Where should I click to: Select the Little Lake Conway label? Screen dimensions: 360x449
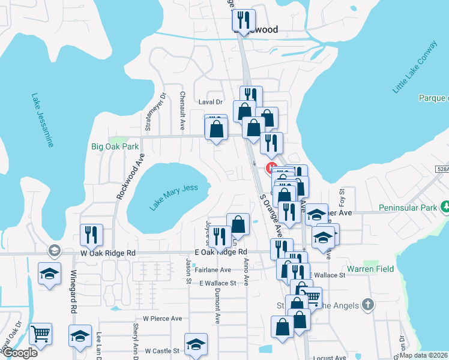pyautogui.click(x=415, y=67)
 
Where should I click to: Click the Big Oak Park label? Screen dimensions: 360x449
pyautogui.click(x=115, y=146)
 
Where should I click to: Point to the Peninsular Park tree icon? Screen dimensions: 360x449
pyautogui.click(x=445, y=207)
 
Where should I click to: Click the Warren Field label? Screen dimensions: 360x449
pyautogui.click(x=370, y=269)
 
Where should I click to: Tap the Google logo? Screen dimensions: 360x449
pyautogui.click(x=20, y=353)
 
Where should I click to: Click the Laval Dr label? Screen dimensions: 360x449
pyautogui.click(x=210, y=103)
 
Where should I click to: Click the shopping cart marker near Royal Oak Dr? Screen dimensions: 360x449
pyautogui.click(x=40, y=333)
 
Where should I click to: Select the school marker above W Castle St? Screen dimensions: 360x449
pyautogui.click(x=196, y=344)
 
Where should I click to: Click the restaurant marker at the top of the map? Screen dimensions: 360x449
pyautogui.click(x=244, y=20)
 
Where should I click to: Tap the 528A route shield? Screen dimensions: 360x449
pyautogui.click(x=441, y=170)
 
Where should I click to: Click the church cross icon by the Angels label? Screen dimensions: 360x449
pyautogui.click(x=369, y=305)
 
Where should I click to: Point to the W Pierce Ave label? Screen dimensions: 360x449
pyautogui.click(x=162, y=319)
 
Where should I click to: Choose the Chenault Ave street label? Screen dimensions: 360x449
pyautogui.click(x=182, y=111)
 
